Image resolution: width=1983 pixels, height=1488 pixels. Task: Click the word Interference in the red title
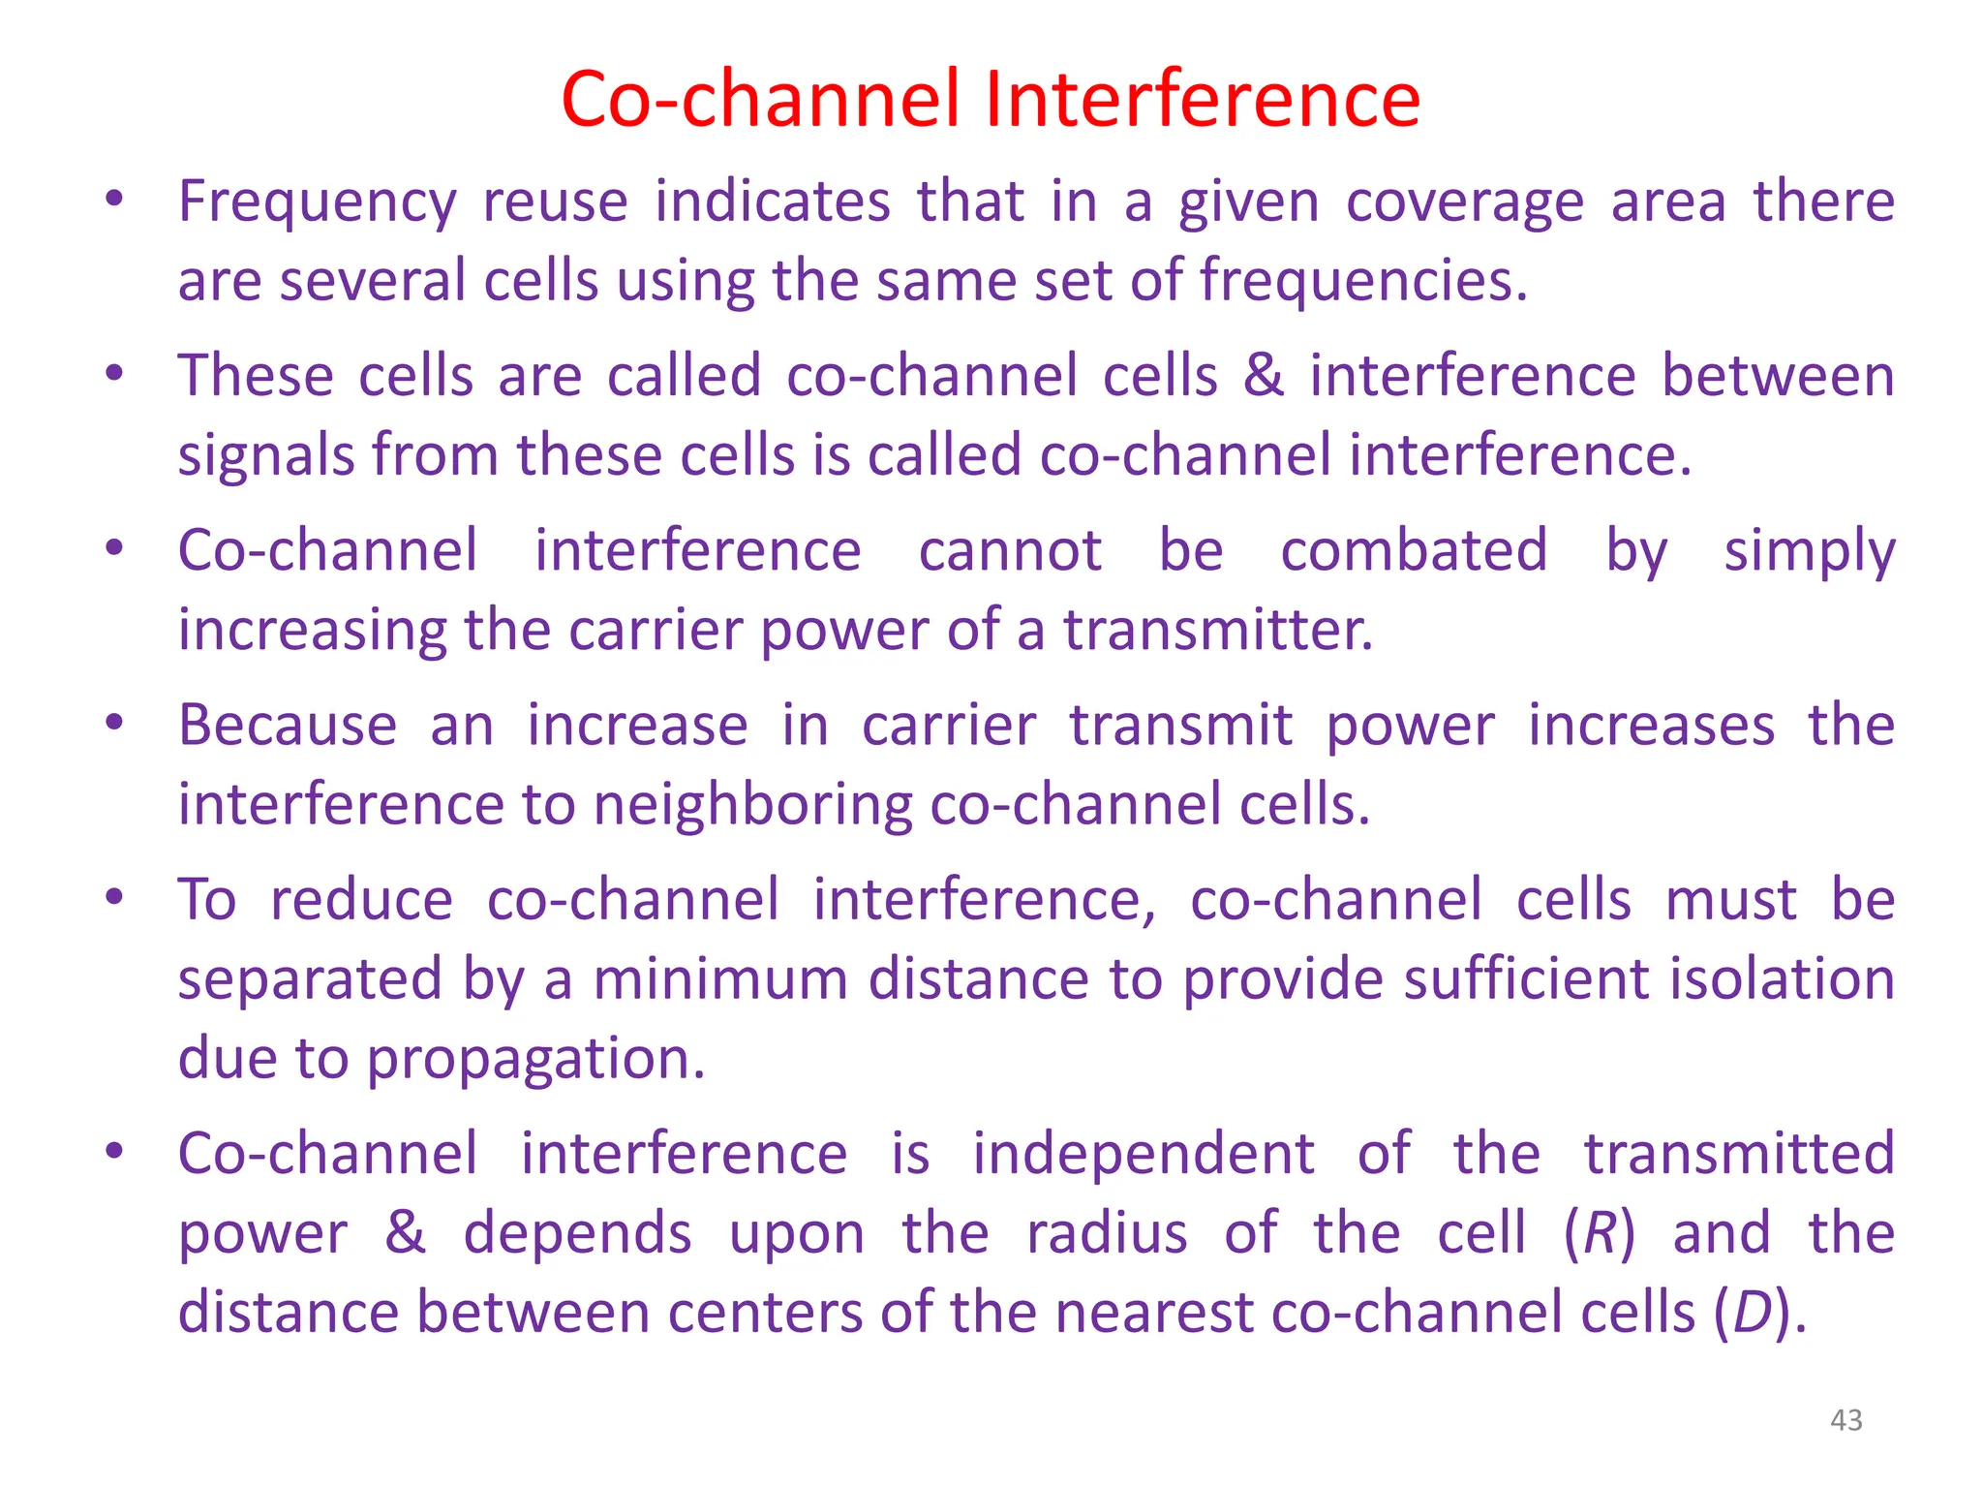(x=1203, y=99)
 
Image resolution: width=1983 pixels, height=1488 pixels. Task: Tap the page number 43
(x=1846, y=1420)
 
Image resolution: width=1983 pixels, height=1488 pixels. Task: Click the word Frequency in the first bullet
(x=317, y=203)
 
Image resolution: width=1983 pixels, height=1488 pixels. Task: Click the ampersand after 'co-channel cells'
(x=1264, y=376)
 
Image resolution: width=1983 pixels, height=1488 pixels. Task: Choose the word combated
(x=1414, y=550)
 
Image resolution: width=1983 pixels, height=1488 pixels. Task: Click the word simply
(x=1809, y=552)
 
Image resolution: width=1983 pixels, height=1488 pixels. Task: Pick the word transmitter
(x=1218, y=630)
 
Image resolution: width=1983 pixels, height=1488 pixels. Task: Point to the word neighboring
(x=751, y=806)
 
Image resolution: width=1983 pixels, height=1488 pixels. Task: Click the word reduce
(x=361, y=899)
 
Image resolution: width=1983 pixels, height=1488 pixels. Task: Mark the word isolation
(x=1781, y=978)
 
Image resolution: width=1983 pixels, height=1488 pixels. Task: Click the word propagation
(x=536, y=1059)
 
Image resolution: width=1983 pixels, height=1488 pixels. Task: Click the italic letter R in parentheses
(x=1599, y=1232)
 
